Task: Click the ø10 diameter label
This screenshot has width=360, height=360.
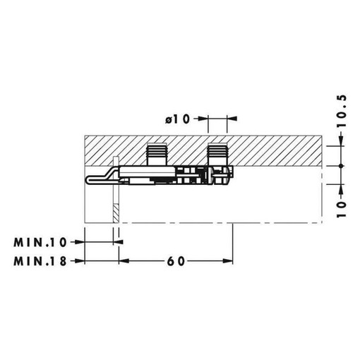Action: tap(177, 119)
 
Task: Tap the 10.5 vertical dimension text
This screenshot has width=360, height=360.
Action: tap(342, 112)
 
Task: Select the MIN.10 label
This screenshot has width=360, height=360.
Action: tap(40, 243)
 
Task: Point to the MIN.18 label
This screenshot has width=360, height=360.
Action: tap(40, 261)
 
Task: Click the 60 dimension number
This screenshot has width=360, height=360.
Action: tap(176, 261)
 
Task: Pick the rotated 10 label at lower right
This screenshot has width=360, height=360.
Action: tap(342, 210)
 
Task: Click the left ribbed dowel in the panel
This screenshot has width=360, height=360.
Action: tap(157, 154)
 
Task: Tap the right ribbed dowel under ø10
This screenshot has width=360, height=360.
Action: tap(217, 154)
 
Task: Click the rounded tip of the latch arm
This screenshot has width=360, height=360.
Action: tap(87, 179)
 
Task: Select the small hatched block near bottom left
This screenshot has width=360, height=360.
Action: tap(116, 213)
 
